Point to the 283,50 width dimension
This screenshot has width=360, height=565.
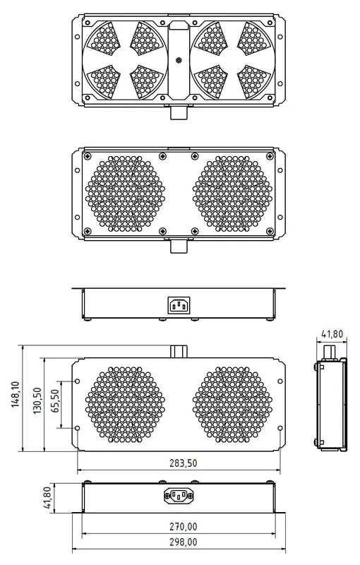click(182, 464)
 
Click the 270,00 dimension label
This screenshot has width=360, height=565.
click(182, 526)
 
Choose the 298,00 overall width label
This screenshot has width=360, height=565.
click(182, 542)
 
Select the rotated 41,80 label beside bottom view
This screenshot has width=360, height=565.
click(47, 496)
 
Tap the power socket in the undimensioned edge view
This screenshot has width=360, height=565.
click(179, 305)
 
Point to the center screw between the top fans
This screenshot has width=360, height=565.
click(179, 61)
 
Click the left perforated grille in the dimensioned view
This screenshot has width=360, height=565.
click(125, 404)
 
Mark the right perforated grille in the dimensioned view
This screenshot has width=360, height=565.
click(232, 404)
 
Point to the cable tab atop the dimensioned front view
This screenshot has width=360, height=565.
click(178, 352)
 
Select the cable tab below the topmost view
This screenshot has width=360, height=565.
click(178, 113)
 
